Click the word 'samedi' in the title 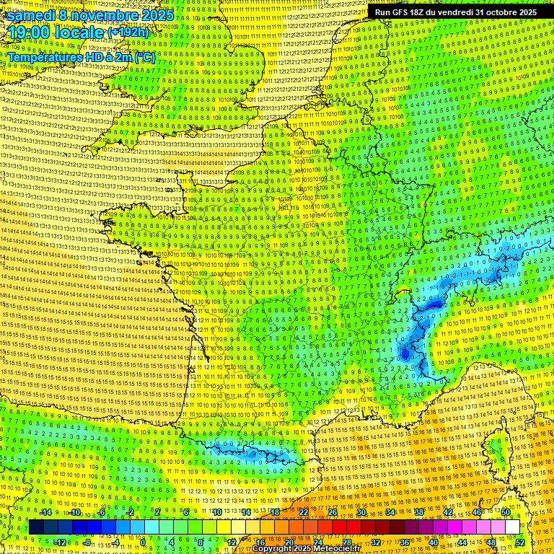click(x=29, y=14)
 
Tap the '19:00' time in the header click(x=28, y=32)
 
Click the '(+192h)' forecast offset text click(x=128, y=32)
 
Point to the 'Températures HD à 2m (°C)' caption click(x=81, y=57)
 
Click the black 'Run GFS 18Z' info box click(x=455, y=12)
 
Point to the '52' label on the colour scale click(x=520, y=542)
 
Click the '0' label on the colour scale click(x=142, y=542)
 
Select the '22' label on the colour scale click(x=304, y=511)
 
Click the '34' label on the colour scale click(x=390, y=511)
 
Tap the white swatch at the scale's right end click(x=512, y=527)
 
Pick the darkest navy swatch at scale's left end click(x=36, y=527)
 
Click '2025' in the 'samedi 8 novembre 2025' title click(x=157, y=14)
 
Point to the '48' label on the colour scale click(x=491, y=542)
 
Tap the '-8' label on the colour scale click(x=87, y=542)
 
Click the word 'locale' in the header click(x=78, y=32)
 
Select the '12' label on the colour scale click(x=232, y=542)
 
